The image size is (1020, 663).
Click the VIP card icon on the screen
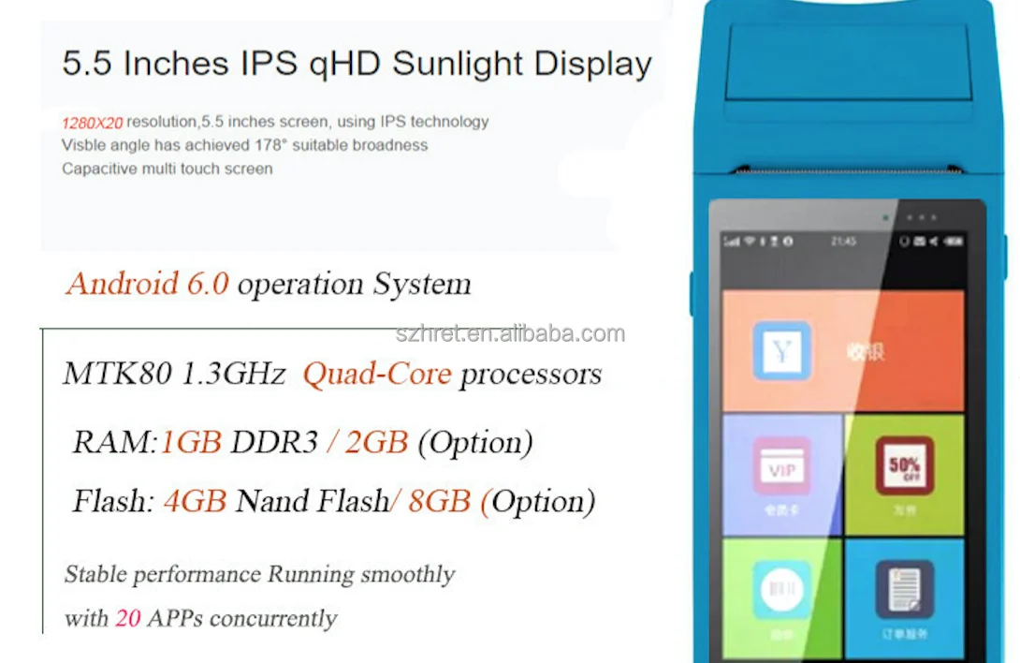782,468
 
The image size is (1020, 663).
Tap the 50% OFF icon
904,465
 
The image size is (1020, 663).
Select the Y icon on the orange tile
781,350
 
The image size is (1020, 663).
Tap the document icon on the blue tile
904,589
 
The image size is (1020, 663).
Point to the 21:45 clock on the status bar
843,242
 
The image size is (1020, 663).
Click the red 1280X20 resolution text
93,122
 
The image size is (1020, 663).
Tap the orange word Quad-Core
376,375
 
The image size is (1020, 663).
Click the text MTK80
117,375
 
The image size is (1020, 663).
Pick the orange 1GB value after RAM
191,442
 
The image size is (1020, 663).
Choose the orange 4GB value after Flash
195,501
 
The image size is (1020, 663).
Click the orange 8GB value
439,501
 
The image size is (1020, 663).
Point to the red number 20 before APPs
127,619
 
